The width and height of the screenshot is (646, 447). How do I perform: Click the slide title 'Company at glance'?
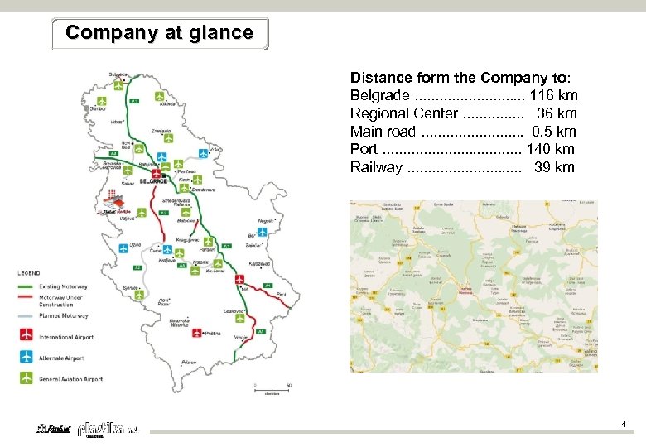[159, 33]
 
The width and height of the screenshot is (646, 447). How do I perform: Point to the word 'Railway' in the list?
[376, 167]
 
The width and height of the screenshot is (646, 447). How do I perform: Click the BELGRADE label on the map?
[153, 180]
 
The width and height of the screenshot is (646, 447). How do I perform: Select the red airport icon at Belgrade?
[166, 176]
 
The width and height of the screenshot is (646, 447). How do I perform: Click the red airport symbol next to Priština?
[197, 333]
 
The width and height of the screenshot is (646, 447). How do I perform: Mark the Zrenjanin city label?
[161, 130]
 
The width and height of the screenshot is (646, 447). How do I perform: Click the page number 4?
[624, 425]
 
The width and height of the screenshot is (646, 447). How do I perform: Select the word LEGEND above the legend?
[30, 272]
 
